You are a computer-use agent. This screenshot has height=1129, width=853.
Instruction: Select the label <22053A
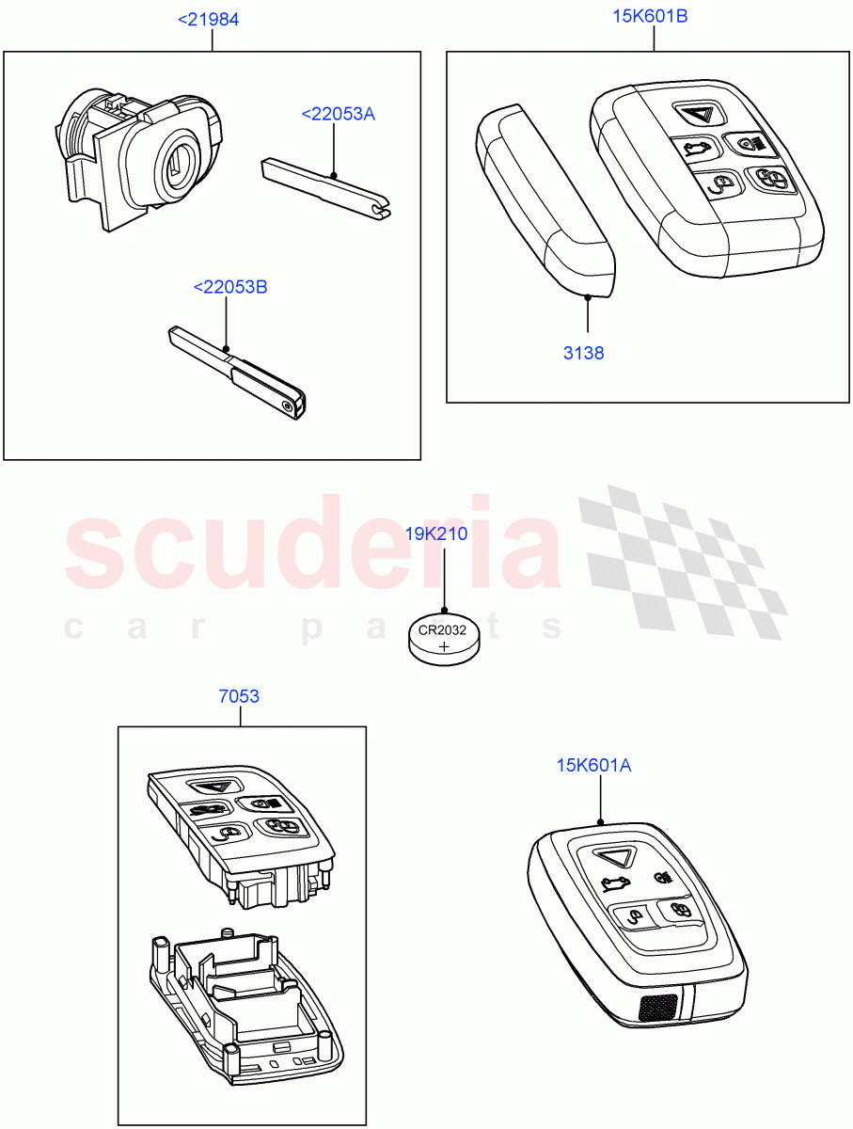(338, 114)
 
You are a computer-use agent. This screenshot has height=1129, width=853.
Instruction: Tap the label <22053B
(229, 287)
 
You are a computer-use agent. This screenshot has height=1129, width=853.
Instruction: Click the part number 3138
(585, 354)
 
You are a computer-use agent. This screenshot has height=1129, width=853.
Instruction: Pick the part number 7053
(239, 697)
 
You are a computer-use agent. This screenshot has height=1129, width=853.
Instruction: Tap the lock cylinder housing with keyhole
(150, 160)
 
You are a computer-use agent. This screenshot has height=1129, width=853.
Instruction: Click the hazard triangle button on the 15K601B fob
(698, 116)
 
